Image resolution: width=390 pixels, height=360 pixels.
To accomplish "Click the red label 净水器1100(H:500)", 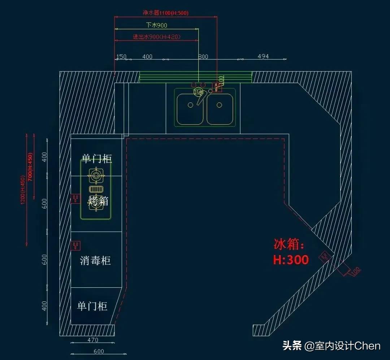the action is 165,13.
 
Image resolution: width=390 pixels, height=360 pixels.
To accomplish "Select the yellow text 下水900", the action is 156,25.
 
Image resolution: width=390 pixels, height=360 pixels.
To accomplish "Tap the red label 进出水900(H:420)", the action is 156,37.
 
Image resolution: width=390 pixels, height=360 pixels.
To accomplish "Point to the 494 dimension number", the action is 263,57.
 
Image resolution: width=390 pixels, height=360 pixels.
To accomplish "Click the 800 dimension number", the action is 203,57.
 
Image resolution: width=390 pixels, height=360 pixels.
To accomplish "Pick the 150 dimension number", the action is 121,57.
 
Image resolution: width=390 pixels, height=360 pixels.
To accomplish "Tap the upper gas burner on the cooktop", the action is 96,176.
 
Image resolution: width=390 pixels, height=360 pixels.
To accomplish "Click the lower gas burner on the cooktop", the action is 96,203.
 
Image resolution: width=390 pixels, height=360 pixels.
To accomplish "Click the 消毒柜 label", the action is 95,260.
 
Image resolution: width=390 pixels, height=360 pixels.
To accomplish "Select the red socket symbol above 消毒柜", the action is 76,246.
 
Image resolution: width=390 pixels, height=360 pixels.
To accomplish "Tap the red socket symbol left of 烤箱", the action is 76,198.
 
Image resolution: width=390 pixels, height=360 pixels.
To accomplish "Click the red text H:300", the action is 291,260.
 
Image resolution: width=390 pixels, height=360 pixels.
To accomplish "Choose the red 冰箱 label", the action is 289,244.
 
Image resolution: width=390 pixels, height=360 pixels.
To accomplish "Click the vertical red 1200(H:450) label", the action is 22,190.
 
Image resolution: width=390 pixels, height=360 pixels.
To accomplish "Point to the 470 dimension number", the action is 93,340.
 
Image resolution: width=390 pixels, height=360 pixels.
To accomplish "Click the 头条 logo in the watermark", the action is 292,346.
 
